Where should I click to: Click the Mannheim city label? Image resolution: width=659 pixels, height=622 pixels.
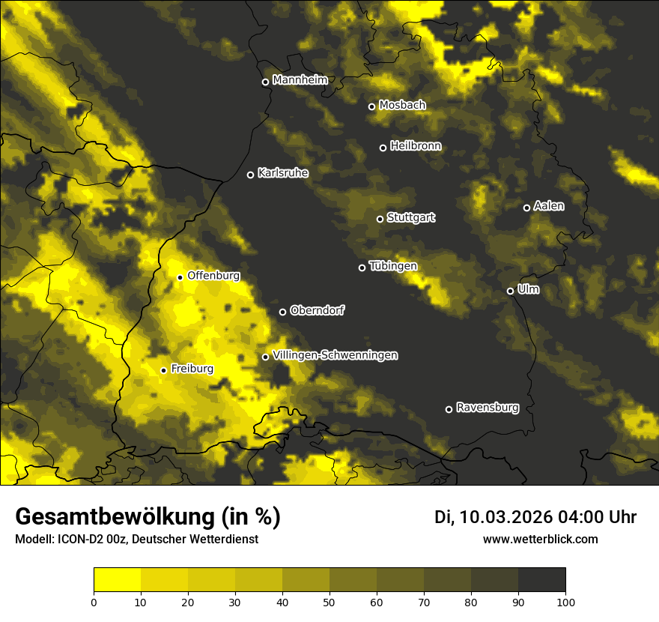pyautogui.click(x=300, y=80)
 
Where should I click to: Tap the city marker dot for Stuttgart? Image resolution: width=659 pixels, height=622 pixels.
pyautogui.click(x=380, y=219)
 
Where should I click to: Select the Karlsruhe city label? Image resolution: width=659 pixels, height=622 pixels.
pyautogui.click(x=283, y=173)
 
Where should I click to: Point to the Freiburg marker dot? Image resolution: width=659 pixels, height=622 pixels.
pyautogui.click(x=163, y=370)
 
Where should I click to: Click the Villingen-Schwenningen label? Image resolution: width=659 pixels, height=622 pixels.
pyautogui.click(x=335, y=355)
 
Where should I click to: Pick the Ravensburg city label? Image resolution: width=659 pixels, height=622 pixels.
pyautogui.click(x=488, y=408)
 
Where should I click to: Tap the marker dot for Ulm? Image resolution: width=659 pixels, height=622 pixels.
pyautogui.click(x=510, y=291)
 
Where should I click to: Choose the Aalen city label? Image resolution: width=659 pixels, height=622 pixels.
pyautogui.click(x=549, y=206)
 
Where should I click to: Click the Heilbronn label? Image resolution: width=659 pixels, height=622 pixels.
pyautogui.click(x=416, y=146)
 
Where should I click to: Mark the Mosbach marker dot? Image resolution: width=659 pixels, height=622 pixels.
pyautogui.click(x=371, y=106)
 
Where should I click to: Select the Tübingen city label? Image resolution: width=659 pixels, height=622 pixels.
pyautogui.click(x=393, y=266)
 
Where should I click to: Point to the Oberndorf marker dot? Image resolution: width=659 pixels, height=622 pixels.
pyautogui.click(x=282, y=312)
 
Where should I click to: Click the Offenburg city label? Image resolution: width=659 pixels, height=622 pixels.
pyautogui.click(x=213, y=276)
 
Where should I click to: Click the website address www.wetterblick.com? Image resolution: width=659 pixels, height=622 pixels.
pyautogui.click(x=541, y=539)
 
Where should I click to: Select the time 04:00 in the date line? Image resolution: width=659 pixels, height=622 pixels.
pyautogui.click(x=580, y=517)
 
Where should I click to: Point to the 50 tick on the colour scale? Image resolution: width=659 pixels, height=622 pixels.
pyautogui.click(x=329, y=601)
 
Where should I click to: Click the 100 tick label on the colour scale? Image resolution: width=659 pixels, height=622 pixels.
pyautogui.click(x=565, y=601)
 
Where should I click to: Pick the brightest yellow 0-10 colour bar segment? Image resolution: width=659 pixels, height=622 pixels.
pyautogui.click(x=118, y=579)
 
